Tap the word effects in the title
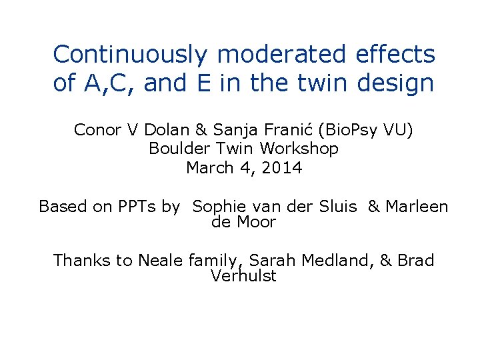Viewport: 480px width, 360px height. (x=396, y=54)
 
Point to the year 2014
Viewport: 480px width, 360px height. (x=283, y=168)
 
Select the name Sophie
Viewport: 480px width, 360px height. (x=219, y=207)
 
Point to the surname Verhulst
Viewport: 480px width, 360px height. (x=243, y=276)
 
